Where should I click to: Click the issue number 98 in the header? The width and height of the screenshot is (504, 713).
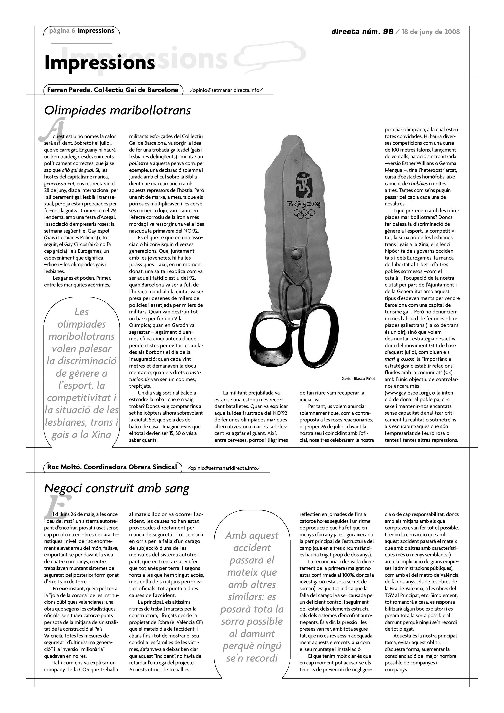tap(388, 32)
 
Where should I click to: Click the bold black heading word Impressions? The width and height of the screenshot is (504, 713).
tap(99, 63)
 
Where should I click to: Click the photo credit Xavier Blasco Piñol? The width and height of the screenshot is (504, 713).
tap(358, 379)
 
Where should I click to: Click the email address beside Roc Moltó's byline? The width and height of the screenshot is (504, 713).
tap(223, 468)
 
